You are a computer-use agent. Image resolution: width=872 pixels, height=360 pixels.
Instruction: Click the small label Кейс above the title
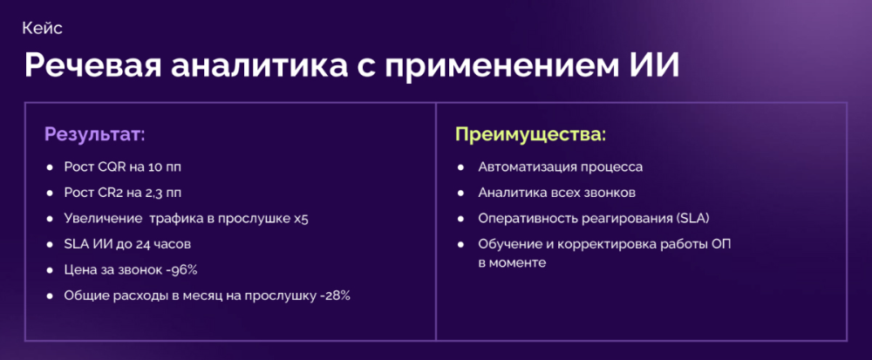point(42,29)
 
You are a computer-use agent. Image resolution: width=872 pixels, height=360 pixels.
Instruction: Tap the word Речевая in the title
point(92,67)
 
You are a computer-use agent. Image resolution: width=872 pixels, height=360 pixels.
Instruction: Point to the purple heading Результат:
point(94,135)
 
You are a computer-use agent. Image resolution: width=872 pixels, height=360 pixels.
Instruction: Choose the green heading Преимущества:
point(530,135)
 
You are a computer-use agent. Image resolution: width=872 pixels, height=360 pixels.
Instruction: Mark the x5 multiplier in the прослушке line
point(300,219)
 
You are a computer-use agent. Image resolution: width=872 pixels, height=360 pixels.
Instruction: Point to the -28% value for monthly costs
point(335,295)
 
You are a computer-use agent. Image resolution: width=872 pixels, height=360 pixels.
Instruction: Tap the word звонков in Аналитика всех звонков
point(609,193)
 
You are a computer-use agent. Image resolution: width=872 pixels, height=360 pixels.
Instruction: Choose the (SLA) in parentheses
point(691,219)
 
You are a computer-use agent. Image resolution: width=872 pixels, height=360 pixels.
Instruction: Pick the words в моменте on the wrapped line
point(512,263)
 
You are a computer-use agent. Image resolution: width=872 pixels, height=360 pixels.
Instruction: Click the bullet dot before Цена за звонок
point(50,270)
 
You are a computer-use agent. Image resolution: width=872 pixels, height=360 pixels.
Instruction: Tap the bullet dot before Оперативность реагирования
point(460,219)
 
